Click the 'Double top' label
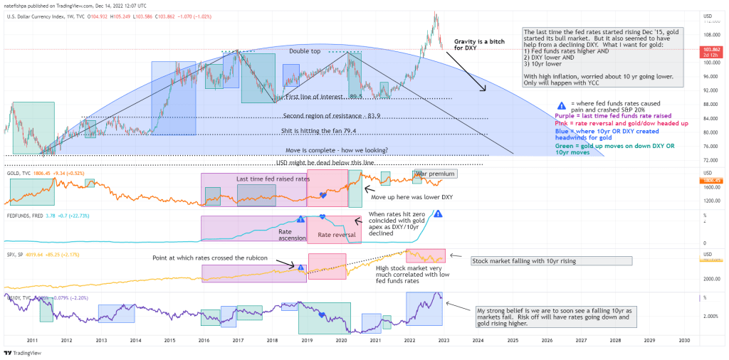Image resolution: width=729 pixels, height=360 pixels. [308, 51]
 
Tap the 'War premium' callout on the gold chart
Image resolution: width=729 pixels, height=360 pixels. [436, 174]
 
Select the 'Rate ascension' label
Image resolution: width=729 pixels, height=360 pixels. [287, 235]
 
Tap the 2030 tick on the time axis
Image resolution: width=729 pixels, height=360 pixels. [683, 341]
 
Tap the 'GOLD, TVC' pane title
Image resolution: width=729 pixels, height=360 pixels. [19, 173]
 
